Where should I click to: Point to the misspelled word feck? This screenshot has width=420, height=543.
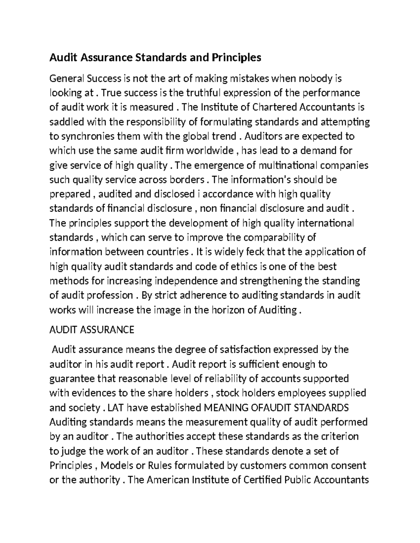255,252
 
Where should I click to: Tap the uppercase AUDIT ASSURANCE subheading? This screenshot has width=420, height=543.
92,330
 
